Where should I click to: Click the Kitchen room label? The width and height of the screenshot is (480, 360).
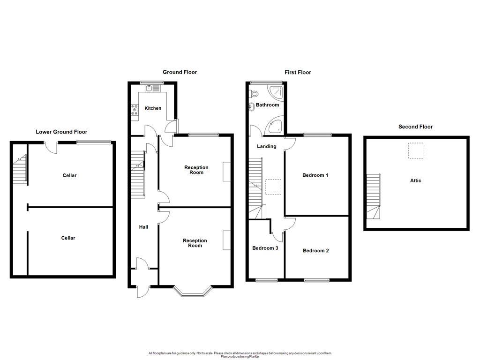coord(153,108)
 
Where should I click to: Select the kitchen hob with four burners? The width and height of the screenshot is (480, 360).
coord(135,110)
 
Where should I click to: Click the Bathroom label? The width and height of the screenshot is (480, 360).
coord(267,105)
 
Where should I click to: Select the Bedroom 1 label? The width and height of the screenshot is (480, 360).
coord(315,175)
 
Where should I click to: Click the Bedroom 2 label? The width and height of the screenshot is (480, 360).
coord(315,251)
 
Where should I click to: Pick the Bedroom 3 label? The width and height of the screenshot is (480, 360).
coord(265,248)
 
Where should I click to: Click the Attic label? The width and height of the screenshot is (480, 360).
coord(416,180)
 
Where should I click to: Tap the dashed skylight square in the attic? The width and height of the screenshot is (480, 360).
coord(416,151)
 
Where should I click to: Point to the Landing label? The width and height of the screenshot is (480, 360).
coord(266,146)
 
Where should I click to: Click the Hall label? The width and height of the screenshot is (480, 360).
coord(143,227)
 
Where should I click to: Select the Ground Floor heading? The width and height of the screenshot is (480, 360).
coord(180,72)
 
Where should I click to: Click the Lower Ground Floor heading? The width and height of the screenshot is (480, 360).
coord(61,132)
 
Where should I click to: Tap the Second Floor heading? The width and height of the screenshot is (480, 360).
coord(415,127)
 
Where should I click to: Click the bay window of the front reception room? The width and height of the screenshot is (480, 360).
coord(192,292)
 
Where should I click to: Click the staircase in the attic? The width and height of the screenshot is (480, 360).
coord(373,197)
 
